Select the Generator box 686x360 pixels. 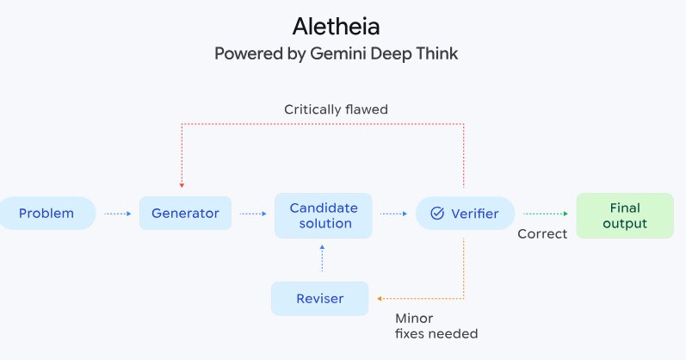pos(185,213)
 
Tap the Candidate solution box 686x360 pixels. pos(323,215)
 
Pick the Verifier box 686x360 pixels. pos(465,213)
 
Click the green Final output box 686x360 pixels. pos(624,215)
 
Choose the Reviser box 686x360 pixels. pos(319,299)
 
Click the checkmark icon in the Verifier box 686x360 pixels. pos(436,213)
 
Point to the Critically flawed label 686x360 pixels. pos(337,109)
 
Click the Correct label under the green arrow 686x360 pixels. pos(542,233)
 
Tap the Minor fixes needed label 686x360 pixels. pos(436,326)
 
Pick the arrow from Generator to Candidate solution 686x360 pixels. pos(253,213)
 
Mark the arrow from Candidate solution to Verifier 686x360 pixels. pos(393,213)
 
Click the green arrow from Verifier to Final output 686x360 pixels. pos(546,213)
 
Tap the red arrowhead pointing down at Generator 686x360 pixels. pos(181,184)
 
